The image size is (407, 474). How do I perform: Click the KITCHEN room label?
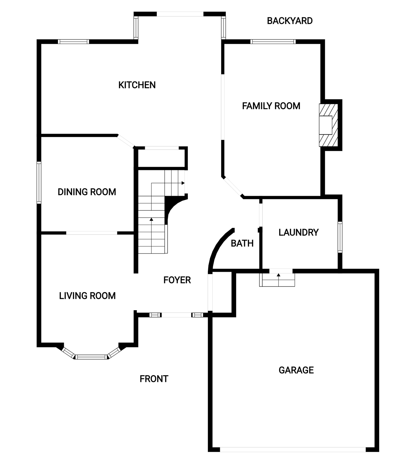(x=137, y=85)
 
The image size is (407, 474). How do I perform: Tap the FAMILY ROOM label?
(x=271, y=106)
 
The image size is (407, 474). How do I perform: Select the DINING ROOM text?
(x=87, y=192)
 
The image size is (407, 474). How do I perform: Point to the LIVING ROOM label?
(x=88, y=296)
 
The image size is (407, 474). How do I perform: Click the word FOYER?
(x=177, y=280)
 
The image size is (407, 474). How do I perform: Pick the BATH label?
(x=242, y=243)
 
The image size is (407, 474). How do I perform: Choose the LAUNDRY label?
(x=298, y=232)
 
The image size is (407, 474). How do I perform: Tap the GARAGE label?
(x=296, y=370)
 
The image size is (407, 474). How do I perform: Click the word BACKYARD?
(x=290, y=21)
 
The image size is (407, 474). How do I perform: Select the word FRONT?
(x=154, y=379)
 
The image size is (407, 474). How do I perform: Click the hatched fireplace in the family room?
(x=328, y=125)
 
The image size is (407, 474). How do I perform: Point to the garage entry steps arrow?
(x=278, y=280)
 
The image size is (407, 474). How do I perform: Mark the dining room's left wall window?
(x=39, y=183)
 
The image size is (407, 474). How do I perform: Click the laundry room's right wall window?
(x=340, y=237)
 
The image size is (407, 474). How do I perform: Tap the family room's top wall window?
(x=273, y=41)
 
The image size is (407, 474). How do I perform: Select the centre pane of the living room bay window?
(x=91, y=357)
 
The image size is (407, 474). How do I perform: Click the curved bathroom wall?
(x=219, y=249)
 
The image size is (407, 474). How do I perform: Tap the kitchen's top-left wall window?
(x=73, y=41)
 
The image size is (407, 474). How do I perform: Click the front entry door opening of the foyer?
(x=177, y=315)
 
